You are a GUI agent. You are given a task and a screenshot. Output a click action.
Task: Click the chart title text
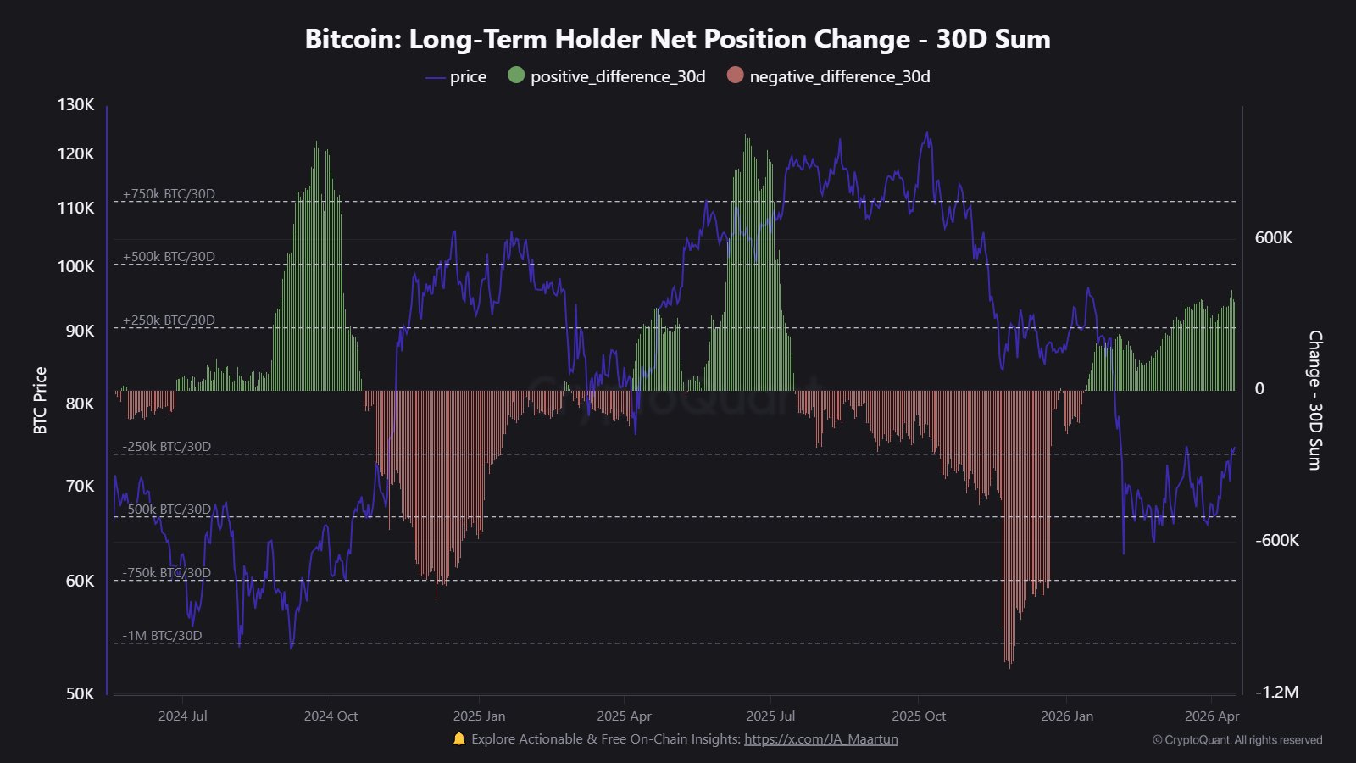coord(677,39)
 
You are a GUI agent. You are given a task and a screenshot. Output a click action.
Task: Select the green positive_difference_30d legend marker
coord(516,75)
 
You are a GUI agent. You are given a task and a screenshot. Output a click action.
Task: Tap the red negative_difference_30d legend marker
coord(735,75)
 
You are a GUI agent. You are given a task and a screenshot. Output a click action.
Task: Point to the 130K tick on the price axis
coord(75,104)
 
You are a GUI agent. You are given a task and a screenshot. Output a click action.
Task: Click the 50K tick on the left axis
coord(80,693)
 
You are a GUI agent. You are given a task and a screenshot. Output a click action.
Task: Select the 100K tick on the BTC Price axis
coord(75,266)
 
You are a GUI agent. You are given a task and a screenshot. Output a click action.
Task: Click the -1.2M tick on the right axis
coord(1276,692)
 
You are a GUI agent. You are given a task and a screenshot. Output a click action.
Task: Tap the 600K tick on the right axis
coord(1273,237)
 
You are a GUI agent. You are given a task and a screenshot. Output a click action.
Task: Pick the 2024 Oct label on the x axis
coord(331,716)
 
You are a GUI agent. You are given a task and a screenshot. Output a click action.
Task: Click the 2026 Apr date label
coord(1211,716)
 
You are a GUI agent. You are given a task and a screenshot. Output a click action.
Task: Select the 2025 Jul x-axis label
coord(771,716)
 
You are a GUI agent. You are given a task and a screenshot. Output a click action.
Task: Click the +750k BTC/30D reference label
coord(169,194)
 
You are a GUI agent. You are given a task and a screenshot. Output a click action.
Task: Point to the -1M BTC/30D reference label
coord(162,636)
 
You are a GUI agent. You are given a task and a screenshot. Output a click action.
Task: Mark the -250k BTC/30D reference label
coord(166,447)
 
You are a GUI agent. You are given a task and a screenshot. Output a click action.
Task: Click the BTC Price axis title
coord(40,400)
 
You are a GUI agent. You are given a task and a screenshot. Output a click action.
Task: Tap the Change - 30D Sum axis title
coord(1314,400)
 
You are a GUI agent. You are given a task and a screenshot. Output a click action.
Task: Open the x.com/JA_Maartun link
coord(820,739)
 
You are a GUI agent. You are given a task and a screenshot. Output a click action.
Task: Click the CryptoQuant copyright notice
coord(1237,740)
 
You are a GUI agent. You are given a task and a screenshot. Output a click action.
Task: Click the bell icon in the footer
coord(459,738)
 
